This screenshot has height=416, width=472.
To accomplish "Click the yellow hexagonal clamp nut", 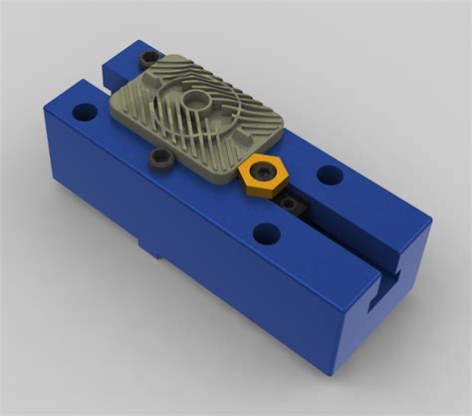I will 262,176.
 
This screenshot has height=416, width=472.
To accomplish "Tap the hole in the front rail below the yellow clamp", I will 265,235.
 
